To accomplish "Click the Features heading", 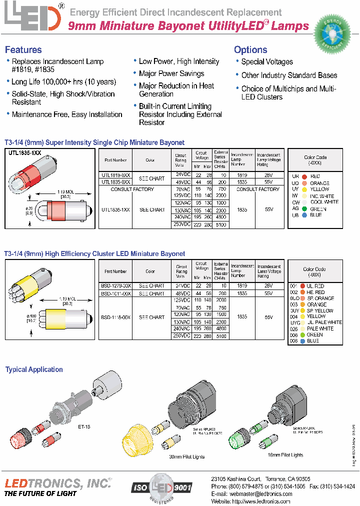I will point(23,49).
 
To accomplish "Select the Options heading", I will point(250,49).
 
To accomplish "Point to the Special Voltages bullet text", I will point(267,62).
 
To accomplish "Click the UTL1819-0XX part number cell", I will point(116,175).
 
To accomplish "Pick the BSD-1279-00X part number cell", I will point(115,286).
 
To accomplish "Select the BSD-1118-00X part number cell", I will point(115,317).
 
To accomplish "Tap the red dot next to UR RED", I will point(303,176).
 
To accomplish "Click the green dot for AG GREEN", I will point(303,209).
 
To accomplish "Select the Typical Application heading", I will point(34,369).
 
